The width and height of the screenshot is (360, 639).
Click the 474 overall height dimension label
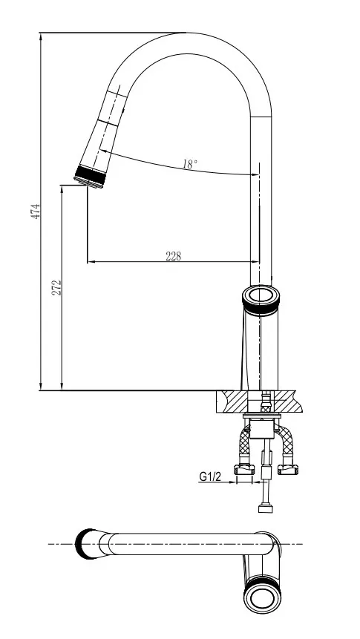tap(36, 212)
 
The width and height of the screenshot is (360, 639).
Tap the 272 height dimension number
tap(56, 288)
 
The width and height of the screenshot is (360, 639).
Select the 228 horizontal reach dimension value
tap(173, 256)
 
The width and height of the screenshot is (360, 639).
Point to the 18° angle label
tap(190, 164)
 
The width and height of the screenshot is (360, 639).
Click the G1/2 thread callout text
tap(210, 476)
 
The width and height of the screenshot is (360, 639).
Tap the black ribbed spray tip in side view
tap(90, 177)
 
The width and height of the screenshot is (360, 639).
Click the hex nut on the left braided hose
tap(244, 470)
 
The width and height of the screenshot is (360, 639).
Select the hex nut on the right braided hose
tap(288, 470)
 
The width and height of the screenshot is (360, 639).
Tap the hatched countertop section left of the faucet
tap(232, 402)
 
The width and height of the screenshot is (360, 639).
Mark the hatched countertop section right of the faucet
tap(288, 402)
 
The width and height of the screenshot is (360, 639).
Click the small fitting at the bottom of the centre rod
tap(266, 508)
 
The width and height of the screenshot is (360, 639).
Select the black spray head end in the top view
tap(84, 544)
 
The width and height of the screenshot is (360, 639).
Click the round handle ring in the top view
tap(263, 598)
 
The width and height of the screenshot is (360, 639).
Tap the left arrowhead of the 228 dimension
tap(91, 262)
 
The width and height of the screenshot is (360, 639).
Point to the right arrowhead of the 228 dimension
tap(255, 262)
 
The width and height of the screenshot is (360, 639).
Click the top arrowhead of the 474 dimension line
tap(41, 36)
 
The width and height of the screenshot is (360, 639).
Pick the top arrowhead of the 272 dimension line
tap(62, 189)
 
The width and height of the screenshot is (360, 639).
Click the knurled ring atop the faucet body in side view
tap(261, 301)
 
